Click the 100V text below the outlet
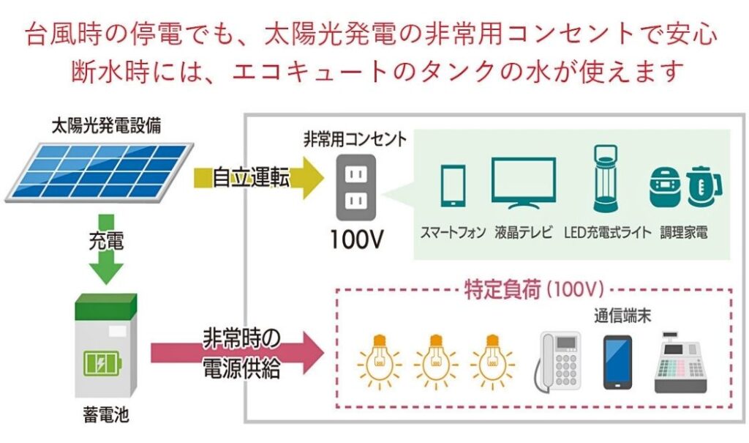click(x=356, y=240)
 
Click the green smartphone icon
click(x=453, y=185)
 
